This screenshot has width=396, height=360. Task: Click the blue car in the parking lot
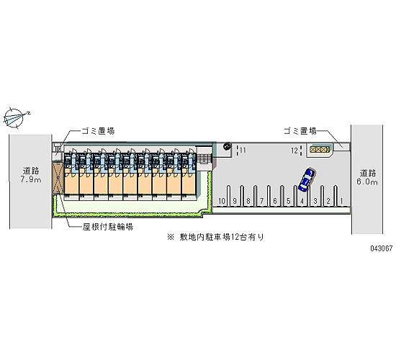[307, 179]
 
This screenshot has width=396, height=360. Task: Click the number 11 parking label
[243, 150]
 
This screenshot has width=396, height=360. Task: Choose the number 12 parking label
[294, 150]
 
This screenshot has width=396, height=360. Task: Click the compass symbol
[16, 118]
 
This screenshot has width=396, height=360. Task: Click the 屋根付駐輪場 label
[108, 227]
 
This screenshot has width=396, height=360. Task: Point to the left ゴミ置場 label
[98, 131]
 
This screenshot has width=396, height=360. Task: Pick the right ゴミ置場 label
[300, 131]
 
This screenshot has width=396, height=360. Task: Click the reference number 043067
[382, 248]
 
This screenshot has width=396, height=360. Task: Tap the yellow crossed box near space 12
[320, 150]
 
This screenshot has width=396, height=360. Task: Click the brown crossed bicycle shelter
[58, 178]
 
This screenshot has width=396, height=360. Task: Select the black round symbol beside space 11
[227, 146]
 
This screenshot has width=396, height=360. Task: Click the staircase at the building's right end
[204, 159]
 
